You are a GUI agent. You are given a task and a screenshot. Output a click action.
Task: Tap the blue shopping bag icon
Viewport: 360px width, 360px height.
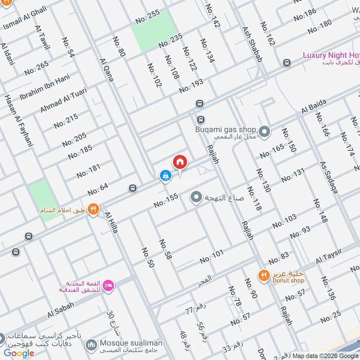tap(165, 175)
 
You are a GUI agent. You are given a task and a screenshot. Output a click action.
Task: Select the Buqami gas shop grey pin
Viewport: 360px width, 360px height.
tap(265, 132)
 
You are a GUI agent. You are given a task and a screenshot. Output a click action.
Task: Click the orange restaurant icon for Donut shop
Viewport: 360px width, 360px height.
tap(263, 274)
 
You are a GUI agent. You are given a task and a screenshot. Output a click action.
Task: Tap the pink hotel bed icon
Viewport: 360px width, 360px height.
tap(108, 285)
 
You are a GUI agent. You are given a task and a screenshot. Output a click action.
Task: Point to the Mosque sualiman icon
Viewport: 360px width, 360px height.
tap(92, 344)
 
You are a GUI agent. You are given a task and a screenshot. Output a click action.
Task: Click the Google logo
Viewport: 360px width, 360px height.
tap(19, 353)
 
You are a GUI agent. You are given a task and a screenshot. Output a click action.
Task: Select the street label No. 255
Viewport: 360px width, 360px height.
tap(148, 17)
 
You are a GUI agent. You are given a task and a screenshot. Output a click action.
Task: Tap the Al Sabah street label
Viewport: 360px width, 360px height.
tap(60, 310)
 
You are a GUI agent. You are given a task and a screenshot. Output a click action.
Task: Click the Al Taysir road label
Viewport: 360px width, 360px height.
tap(329, 256)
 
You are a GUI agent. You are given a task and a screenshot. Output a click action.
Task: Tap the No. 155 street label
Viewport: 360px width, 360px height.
tap(166, 201)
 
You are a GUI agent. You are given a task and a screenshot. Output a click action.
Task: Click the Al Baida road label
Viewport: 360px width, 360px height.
tap(314, 108)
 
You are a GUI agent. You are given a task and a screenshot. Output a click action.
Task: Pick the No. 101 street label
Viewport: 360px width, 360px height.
tap(211, 257)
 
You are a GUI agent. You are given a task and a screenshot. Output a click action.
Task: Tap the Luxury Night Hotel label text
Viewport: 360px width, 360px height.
tap(331, 55)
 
